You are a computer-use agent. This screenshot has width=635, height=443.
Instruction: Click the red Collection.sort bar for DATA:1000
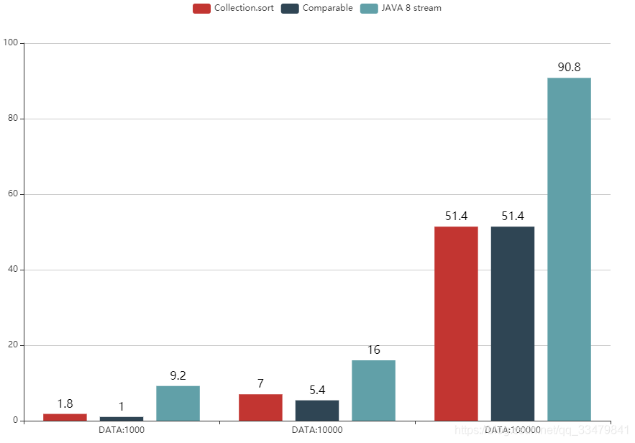coord(65,417)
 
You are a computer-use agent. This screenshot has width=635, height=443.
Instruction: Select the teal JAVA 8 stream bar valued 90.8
coord(569,249)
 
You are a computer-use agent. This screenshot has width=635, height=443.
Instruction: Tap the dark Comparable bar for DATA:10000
coord(317,410)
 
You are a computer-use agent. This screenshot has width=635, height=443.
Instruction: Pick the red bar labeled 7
coord(260,407)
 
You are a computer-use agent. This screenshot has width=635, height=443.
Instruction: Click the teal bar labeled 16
coord(373,390)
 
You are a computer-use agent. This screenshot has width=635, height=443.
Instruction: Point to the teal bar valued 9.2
coord(178,403)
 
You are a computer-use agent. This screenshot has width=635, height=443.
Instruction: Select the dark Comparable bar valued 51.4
coord(513,324)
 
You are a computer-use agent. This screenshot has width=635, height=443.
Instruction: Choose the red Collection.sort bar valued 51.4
coord(456,324)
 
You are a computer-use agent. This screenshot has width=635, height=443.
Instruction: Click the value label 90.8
coord(569,67)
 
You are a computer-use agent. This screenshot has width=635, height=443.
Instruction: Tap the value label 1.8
coord(65,403)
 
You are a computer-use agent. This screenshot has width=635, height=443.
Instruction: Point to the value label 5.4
coord(317,390)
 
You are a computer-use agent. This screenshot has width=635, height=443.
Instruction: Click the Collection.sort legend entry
coord(233,8)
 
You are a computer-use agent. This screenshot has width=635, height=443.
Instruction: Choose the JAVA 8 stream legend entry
coord(401,8)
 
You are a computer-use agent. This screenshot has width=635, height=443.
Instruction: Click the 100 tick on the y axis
coord(11,43)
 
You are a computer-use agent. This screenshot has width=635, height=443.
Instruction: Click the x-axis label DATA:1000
coord(122,430)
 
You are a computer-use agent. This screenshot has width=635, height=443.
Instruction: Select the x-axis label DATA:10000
coord(317,430)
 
